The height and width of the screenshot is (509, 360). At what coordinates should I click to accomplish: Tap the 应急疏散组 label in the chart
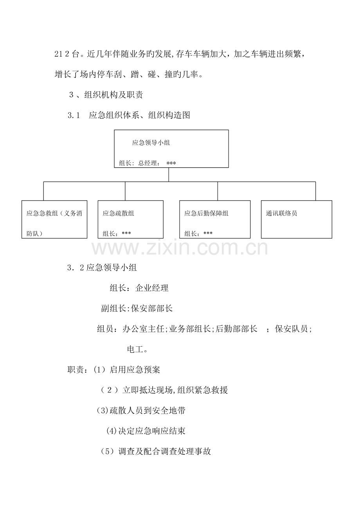click(x=118, y=213)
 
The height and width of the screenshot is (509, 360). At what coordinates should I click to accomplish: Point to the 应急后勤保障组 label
click(x=206, y=213)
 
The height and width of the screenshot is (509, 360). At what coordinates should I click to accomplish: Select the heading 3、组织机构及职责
click(x=106, y=95)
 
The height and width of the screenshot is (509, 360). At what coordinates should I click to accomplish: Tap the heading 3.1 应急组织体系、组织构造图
click(x=129, y=115)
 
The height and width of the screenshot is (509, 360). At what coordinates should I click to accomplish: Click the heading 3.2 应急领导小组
click(x=102, y=268)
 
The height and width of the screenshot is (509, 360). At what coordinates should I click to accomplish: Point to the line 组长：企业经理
click(x=139, y=288)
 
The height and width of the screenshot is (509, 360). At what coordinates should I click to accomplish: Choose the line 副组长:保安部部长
click(x=137, y=308)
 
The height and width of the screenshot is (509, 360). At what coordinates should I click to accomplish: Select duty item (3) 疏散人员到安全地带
click(x=141, y=410)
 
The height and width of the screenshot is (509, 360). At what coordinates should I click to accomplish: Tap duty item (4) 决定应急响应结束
click(x=146, y=431)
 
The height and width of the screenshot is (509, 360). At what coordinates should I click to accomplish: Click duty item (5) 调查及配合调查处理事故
click(x=156, y=451)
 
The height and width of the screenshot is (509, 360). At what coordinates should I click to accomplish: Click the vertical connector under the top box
click(x=169, y=175)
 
